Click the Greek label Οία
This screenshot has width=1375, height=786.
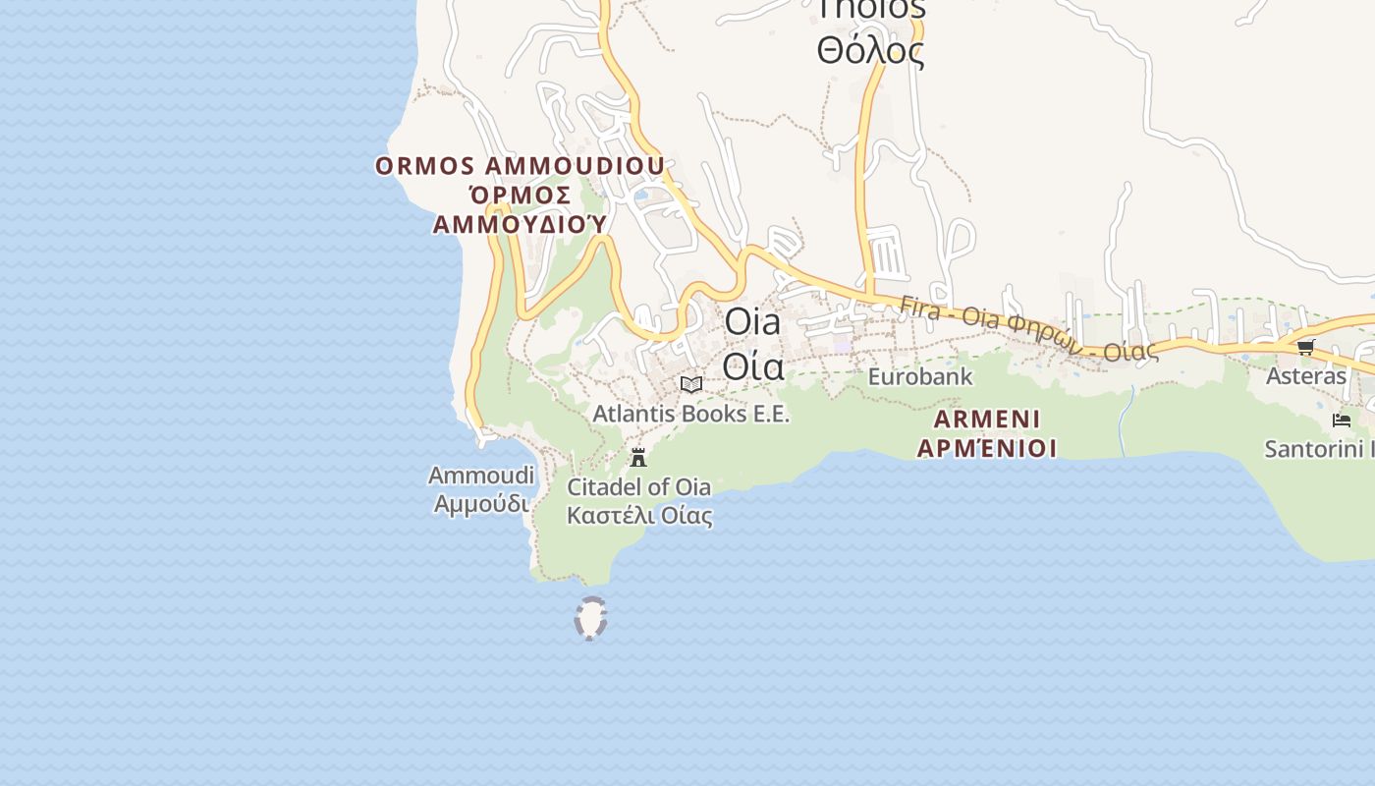click(753, 365)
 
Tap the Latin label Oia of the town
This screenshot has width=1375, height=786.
click(753, 322)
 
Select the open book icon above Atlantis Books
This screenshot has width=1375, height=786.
click(691, 384)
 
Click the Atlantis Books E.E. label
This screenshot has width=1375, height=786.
click(690, 414)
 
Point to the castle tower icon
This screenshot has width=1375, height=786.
click(638, 457)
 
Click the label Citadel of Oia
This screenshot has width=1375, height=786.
click(639, 486)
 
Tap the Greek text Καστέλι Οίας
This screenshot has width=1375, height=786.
click(639, 515)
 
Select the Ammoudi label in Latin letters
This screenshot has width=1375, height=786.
click(481, 477)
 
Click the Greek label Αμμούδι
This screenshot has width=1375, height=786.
click(481, 504)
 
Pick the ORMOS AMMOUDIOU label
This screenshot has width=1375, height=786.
click(520, 166)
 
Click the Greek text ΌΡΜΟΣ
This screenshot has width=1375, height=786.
click(520, 195)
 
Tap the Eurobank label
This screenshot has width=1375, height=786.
click(920, 376)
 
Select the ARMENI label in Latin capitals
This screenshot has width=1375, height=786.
click(987, 420)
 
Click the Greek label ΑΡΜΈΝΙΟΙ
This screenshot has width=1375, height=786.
click(987, 448)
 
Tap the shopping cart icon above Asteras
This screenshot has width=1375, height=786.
click(1305, 347)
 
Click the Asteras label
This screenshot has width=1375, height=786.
click(1306, 376)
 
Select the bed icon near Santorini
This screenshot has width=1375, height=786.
click(1342, 421)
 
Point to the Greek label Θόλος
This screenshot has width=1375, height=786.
click(870, 50)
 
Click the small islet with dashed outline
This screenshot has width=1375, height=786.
click(590, 619)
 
